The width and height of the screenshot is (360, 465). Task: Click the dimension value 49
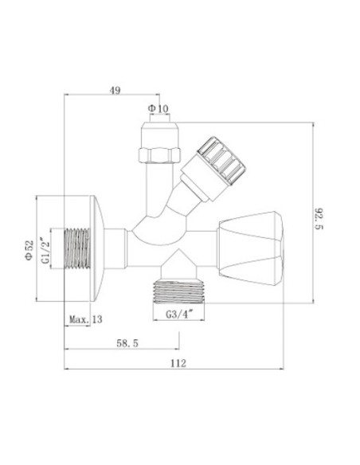point(115,90)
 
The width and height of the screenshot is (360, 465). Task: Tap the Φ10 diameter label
point(158,109)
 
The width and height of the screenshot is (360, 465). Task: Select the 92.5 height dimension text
point(319,218)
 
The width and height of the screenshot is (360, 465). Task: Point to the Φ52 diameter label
point(29,251)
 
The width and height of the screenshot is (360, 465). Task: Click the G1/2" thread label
point(45,250)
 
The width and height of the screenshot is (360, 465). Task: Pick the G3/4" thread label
point(179,314)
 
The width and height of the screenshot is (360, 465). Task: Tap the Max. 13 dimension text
point(86,319)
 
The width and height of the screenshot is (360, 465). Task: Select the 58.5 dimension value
point(127,343)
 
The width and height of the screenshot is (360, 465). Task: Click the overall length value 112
point(178,363)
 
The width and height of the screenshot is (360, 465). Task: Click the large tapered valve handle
point(250,249)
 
